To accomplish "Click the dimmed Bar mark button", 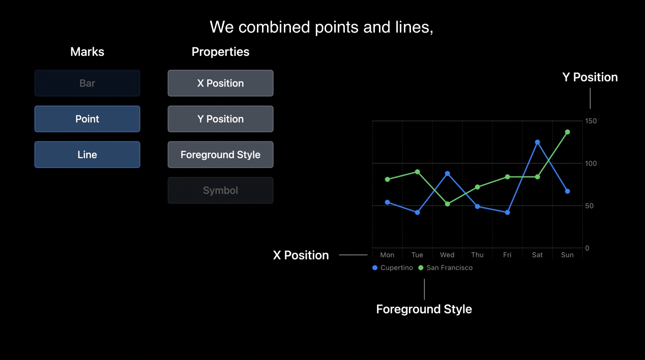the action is coord(87,83).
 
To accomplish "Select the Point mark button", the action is coord(87,119).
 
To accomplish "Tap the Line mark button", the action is coord(87,155).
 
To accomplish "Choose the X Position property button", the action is coord(221,83).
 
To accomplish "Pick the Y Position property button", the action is coord(221,119).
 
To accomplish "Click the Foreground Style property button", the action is coord(221,155).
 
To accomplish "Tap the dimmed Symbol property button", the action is coord(221,190).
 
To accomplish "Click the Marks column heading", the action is coord(87,52).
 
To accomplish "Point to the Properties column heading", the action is coord(221,52).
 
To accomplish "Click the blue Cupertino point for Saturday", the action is coord(537,142).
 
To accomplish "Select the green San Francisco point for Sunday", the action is coord(568,132).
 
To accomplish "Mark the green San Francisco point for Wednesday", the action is coord(448,204).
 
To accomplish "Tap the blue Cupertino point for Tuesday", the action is coord(418,213).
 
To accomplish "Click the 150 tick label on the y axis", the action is coord(591,121).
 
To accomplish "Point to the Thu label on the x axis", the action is coord(477,255).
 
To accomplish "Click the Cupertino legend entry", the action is coord(393,267).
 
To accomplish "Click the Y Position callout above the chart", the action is coord(590,77).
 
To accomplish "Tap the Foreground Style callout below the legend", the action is coord(424,309).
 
